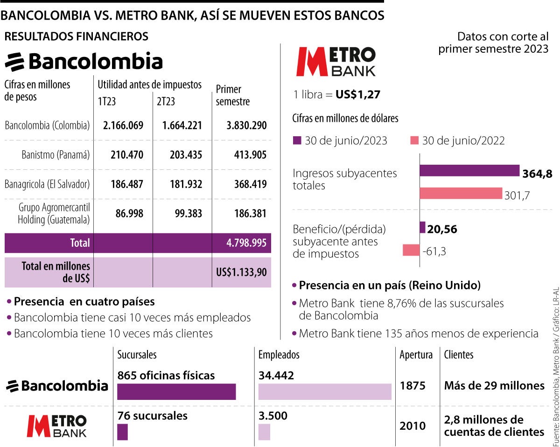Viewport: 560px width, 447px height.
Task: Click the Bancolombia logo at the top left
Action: tap(84, 62)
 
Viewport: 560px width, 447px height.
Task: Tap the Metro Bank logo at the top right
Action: tap(336, 61)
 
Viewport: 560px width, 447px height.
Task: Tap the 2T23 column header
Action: tap(166, 101)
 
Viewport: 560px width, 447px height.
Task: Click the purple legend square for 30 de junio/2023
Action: tap(296, 140)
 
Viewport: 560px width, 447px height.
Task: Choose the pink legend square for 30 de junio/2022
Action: tap(413, 140)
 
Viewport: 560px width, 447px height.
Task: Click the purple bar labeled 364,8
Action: tap(469, 171)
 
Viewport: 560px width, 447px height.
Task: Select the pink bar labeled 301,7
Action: tap(461, 194)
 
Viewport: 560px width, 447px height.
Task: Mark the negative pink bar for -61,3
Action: tap(411, 250)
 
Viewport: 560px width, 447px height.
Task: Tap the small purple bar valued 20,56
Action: tap(423, 228)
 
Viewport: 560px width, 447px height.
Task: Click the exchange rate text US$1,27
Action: tap(358, 95)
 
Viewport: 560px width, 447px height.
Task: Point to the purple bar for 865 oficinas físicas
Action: tap(176, 392)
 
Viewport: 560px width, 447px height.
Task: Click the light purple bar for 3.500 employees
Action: tap(264, 432)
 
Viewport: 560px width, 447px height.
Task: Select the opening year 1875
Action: tap(413, 386)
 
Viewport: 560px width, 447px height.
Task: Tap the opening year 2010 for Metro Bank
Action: tap(413, 426)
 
